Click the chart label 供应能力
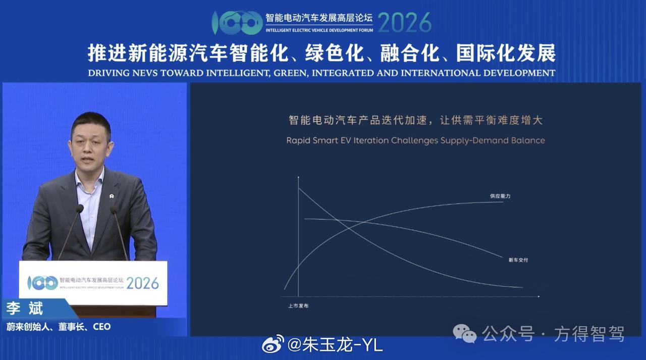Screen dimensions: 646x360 (x=500, y=196)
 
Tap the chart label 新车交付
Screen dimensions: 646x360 (x=518, y=260)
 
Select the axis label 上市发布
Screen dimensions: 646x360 (x=298, y=306)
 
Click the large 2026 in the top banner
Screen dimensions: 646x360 (x=405, y=23)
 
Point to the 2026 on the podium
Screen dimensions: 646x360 (x=142, y=283)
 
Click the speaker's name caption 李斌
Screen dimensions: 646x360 (x=25, y=308)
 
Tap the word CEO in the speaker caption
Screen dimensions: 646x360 (x=102, y=327)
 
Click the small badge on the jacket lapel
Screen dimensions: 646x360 (x=112, y=196)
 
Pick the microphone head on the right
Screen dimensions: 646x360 (x=114, y=210)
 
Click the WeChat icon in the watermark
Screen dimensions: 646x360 (x=465, y=333)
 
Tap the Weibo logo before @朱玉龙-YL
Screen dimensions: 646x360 (x=273, y=343)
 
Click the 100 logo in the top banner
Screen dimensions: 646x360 (x=237, y=23)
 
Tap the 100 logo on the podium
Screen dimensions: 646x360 (x=43, y=283)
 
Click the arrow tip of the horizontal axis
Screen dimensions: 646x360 (x=539, y=296)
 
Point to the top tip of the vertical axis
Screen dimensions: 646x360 (x=298, y=177)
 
